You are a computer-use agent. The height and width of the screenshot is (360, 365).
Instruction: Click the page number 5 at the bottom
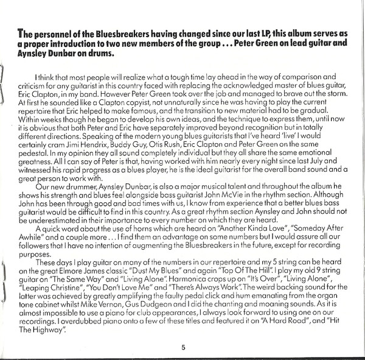182,348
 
